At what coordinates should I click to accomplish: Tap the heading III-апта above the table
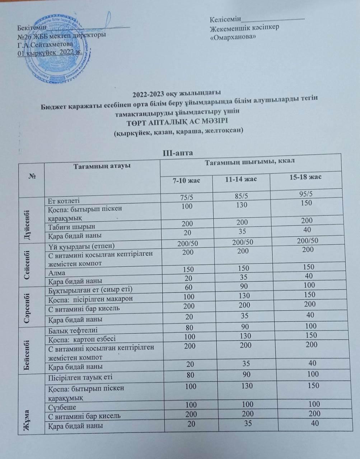(x=178, y=153)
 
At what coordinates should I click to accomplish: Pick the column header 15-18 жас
(x=305, y=177)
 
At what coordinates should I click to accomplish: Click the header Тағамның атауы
(x=102, y=166)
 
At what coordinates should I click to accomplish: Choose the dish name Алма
(x=57, y=273)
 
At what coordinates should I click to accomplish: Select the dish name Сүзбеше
(x=62, y=407)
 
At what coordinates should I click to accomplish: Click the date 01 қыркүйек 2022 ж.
(x=50, y=52)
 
